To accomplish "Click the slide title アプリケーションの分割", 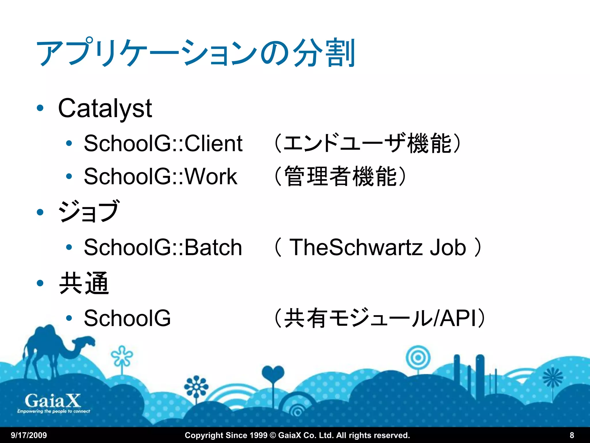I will [196, 53].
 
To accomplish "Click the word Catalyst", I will [105, 109].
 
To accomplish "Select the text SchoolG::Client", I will [163, 143].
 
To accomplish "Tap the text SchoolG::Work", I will [160, 177].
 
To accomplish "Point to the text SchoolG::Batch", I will [163, 247].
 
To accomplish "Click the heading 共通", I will [84, 283].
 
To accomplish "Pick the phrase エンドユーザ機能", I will [367, 143].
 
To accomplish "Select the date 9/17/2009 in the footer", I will [29, 435].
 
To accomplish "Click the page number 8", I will [572, 435].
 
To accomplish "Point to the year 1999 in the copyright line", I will [258, 435].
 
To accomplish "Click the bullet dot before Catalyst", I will [40, 108].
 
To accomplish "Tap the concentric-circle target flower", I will [418, 358].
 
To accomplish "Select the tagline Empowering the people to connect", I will [54, 411].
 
